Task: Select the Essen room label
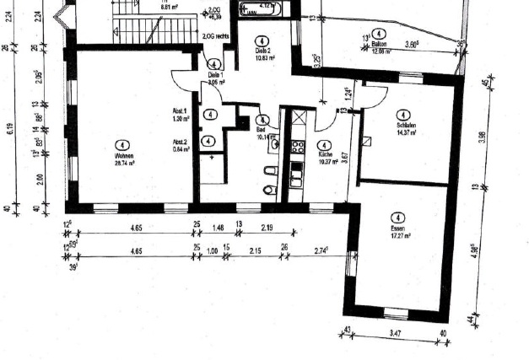click(398, 228)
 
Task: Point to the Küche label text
click(325, 156)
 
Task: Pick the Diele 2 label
click(262, 50)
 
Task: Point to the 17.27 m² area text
click(399, 236)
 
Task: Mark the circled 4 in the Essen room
click(398, 217)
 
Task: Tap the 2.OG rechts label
click(216, 35)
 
